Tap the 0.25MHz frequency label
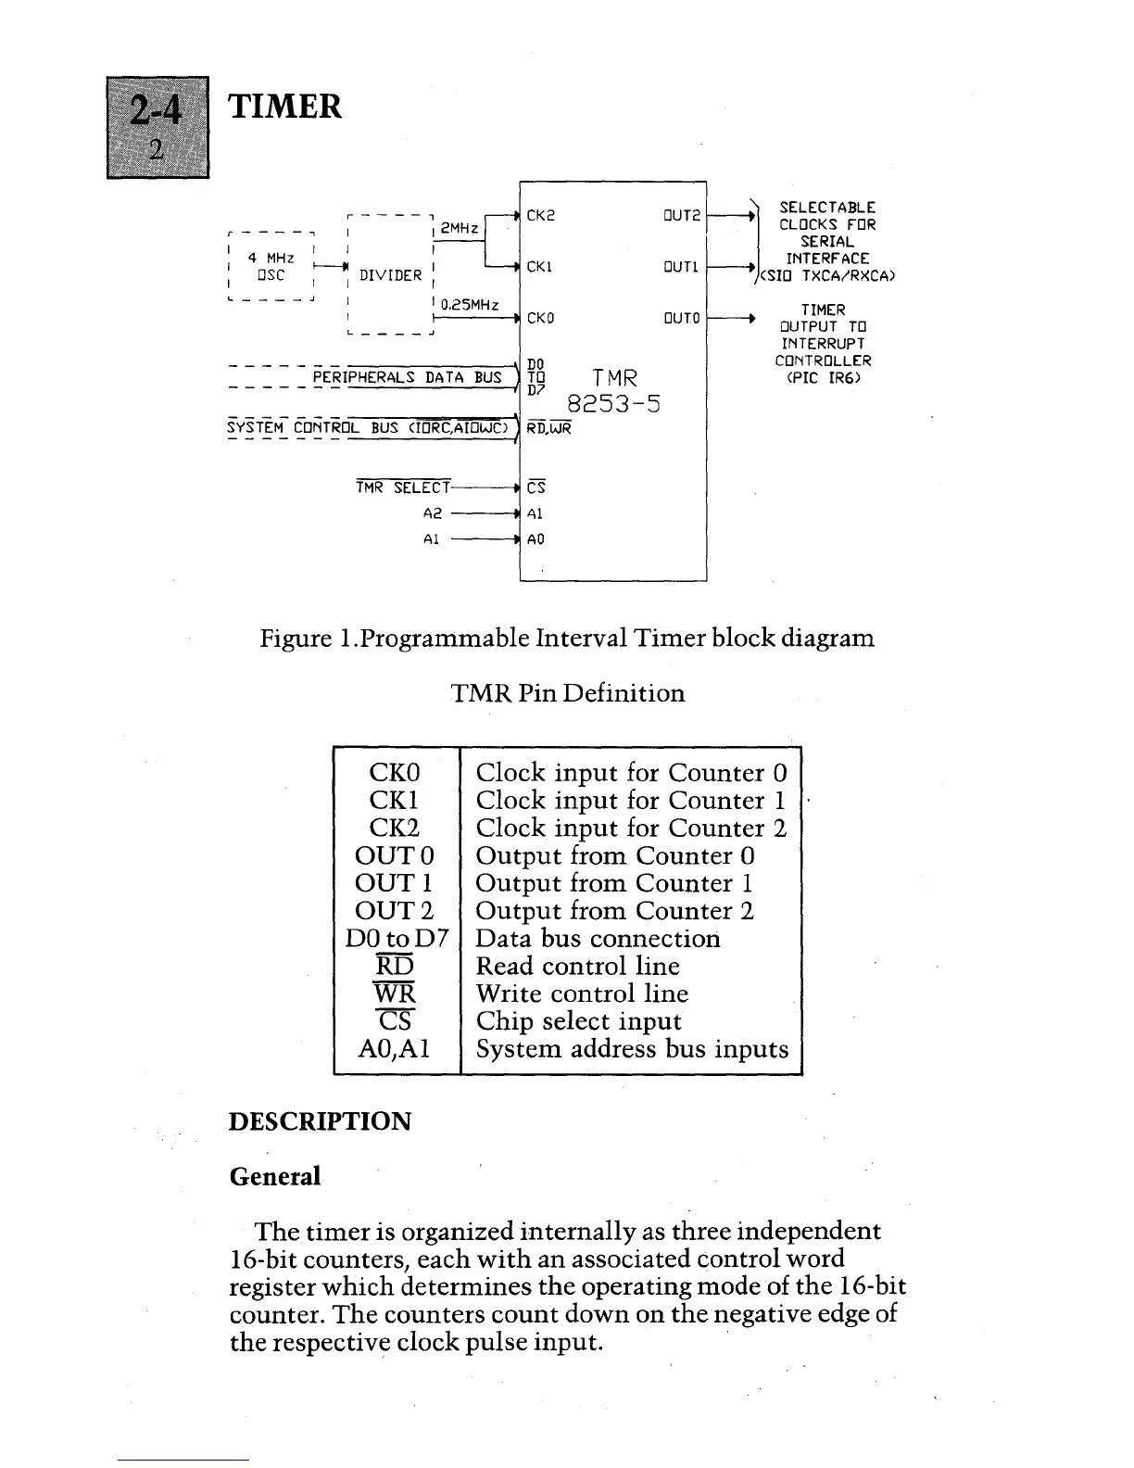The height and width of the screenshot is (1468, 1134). tap(470, 304)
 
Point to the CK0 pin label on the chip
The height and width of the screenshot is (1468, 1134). tap(540, 318)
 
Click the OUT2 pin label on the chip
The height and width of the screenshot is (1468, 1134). tap(679, 216)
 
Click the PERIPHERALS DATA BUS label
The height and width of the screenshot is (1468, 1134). tap(407, 377)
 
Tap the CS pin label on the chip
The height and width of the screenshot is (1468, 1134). tap(535, 487)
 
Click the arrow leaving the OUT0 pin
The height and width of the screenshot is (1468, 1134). tap(732, 318)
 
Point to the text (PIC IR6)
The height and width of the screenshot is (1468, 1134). tap(824, 378)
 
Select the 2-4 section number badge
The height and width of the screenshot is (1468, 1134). tap(157, 126)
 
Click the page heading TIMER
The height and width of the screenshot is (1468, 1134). tap(285, 107)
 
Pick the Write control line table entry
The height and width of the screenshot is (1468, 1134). tap(582, 993)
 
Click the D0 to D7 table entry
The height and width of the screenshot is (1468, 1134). tap(397, 938)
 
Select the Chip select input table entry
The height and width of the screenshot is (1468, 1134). tap(578, 1021)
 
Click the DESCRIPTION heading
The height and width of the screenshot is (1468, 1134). tap(320, 1121)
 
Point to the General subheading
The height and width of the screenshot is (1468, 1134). tap(274, 1176)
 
